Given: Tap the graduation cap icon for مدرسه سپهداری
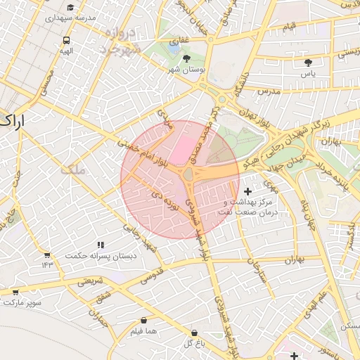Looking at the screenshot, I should point(70,8).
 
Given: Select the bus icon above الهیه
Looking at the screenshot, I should point(66,41).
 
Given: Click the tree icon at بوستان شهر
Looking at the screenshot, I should point(186,59).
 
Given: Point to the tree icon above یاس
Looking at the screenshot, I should point(308,63).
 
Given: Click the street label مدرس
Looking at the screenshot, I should point(269,91).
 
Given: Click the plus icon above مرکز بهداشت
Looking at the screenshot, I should point(247,191).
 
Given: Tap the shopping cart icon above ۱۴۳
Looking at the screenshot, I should point(47,255).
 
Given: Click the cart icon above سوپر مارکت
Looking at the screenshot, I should point(15,291).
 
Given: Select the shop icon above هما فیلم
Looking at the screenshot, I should point(143,320).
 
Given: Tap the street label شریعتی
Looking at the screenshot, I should point(90,281).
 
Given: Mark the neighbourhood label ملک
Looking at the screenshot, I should point(71,169).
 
